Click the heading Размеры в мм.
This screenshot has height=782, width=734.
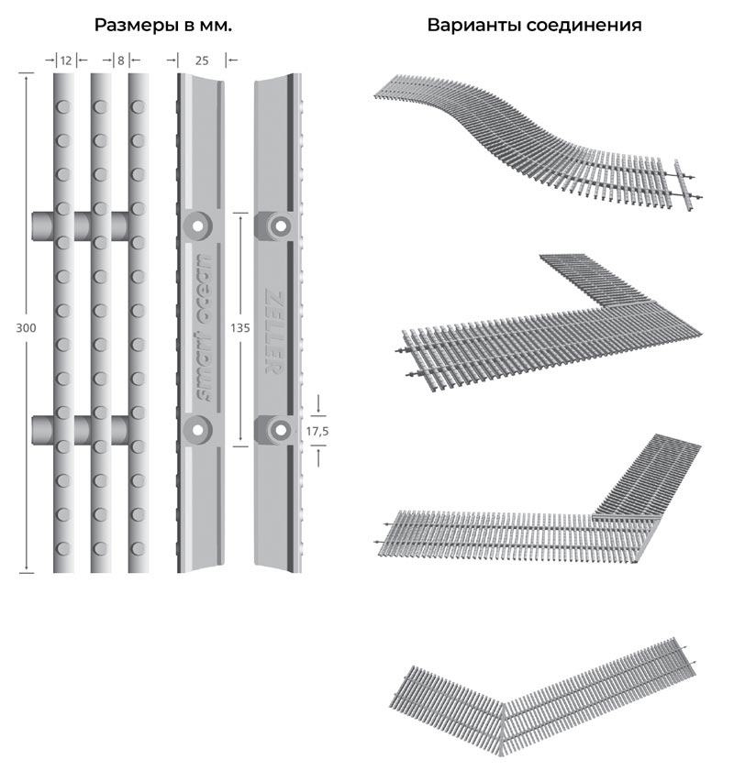tap(163, 26)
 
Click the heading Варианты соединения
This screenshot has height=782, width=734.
tap(534, 26)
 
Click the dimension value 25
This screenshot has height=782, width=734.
tap(202, 61)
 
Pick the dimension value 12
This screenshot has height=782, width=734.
tap(64, 61)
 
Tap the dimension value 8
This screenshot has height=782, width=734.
tap(120, 61)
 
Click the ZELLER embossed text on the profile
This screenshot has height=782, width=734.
tap(272, 327)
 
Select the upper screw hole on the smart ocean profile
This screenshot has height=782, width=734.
tap(196, 226)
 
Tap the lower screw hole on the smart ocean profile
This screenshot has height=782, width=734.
tap(196, 428)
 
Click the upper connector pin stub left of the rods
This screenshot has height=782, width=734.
tap(42, 225)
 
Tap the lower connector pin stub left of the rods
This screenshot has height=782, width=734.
tap(42, 428)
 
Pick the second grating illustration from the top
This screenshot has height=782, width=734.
tap(550, 321)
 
